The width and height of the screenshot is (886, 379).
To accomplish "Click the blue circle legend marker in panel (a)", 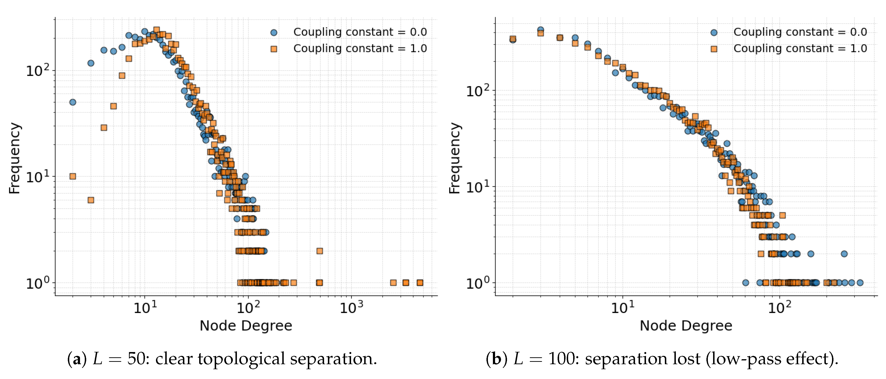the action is (x=274, y=33).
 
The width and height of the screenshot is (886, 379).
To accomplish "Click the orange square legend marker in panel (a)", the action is (x=274, y=49).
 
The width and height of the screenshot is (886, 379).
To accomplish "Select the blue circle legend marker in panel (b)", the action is (x=714, y=33).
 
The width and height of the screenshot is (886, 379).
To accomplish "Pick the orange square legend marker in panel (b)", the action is (x=714, y=49).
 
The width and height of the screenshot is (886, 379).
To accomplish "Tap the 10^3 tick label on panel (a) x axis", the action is (x=351, y=307).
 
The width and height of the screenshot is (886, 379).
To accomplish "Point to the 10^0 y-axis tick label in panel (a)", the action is (x=37, y=283).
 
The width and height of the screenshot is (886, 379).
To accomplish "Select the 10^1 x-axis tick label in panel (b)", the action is (x=623, y=307).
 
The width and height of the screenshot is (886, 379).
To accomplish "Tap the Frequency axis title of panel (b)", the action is (x=455, y=158).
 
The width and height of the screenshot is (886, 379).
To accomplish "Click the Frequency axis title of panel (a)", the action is (x=14, y=158).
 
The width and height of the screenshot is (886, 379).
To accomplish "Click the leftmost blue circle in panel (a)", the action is (x=73, y=102).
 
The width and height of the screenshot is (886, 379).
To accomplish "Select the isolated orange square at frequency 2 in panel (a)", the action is (x=320, y=251).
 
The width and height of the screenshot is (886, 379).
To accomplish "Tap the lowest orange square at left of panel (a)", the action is (x=91, y=200).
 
